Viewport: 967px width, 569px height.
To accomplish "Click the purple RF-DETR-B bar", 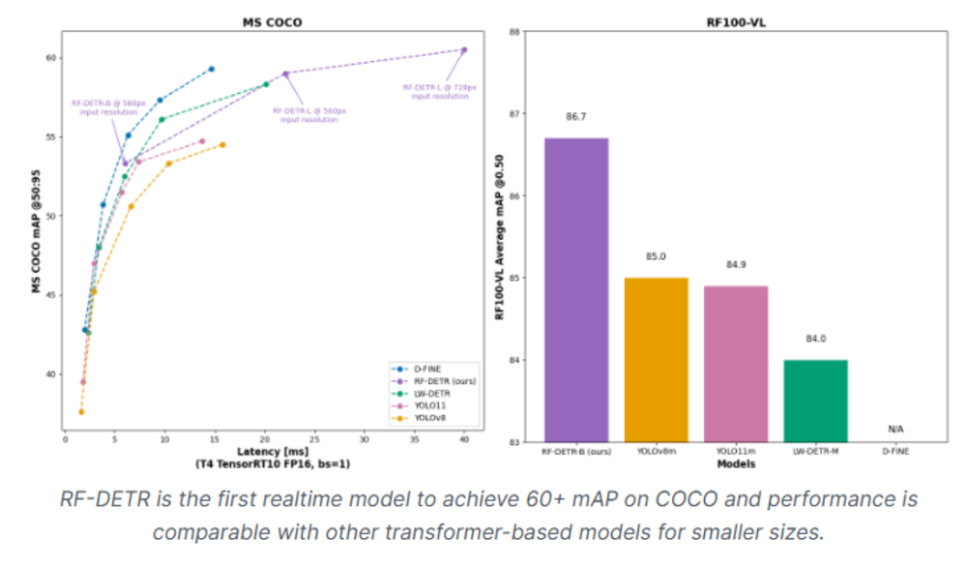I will click(x=576, y=290).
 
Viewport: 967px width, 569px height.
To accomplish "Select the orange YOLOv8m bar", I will click(x=656, y=359).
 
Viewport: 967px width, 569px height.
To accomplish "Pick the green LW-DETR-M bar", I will click(x=814, y=401).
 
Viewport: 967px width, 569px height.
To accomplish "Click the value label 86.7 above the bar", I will click(x=576, y=116).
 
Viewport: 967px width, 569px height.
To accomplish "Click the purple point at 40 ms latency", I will click(x=464, y=49).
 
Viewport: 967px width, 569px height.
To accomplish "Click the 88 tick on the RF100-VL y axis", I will click(x=513, y=32).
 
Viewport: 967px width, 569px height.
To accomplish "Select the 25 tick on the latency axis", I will click(x=314, y=440).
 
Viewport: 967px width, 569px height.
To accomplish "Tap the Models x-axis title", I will click(x=734, y=465).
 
